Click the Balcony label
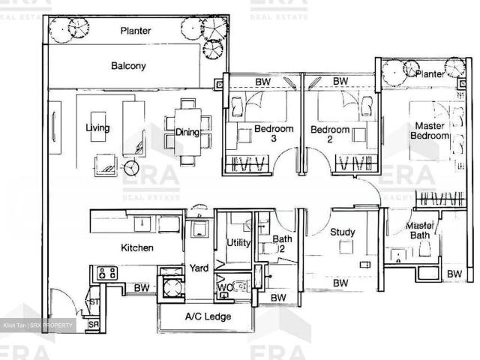click(x=128, y=66)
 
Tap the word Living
click(x=97, y=128)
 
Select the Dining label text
click(x=187, y=133)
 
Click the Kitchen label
click(x=137, y=247)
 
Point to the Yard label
click(x=199, y=268)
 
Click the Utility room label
click(x=238, y=243)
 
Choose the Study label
click(x=343, y=232)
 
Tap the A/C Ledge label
click(x=208, y=317)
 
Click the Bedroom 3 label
click(x=269, y=133)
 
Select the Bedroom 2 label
click(x=330, y=133)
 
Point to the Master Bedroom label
click(x=429, y=130)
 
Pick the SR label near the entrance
click(x=93, y=325)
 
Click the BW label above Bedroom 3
click(x=262, y=81)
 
